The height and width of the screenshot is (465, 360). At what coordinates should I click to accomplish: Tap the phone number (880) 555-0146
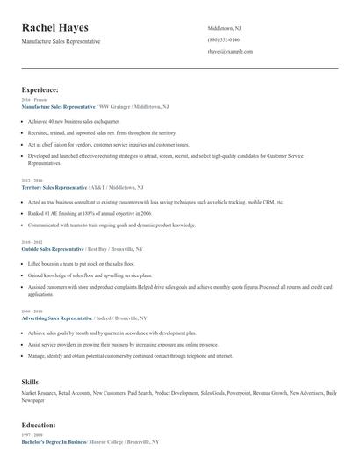(224, 40)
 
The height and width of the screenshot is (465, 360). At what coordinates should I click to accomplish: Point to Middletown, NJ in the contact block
(226, 28)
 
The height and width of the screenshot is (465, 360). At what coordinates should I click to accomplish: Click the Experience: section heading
(40, 89)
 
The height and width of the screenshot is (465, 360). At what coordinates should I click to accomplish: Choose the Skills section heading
(30, 382)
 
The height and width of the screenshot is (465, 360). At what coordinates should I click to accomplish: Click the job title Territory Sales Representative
(54, 187)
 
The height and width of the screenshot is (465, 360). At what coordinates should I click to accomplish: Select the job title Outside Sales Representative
(53, 249)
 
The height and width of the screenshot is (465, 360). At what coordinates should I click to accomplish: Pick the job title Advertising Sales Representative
(58, 318)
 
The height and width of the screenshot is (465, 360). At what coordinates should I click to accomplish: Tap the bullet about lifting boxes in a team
(81, 263)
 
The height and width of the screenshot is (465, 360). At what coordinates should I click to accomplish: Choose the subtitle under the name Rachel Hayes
(61, 41)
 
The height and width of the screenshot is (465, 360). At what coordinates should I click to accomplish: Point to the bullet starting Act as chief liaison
(109, 144)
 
